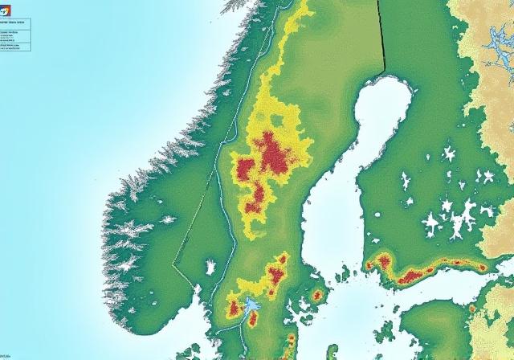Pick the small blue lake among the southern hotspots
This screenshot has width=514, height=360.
pos(251,305)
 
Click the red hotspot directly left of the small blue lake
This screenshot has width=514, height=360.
pos(234,308)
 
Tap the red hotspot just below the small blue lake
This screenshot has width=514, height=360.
pos(252,320)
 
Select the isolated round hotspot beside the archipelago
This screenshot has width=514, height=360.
pos(317,296)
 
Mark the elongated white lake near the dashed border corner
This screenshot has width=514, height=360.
pos(210,267)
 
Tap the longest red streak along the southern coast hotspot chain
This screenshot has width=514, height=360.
pos(414,276)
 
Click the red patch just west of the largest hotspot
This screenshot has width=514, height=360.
pos(245,170)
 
